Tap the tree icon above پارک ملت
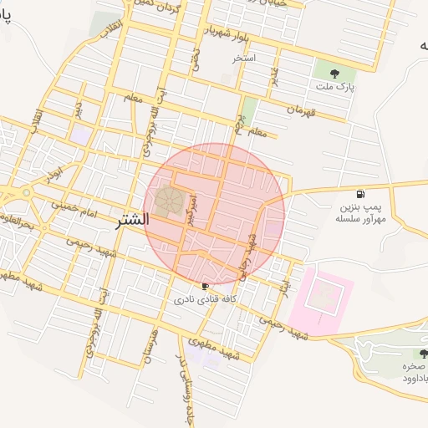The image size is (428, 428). point(335,73)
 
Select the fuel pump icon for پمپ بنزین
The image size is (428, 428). point(360,194)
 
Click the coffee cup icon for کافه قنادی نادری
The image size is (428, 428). point(206,286)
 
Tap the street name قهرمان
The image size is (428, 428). point(303,109)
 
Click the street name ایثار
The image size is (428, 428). point(284,269)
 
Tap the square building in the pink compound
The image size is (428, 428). point(322,294)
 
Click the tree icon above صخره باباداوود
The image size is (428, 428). point(413,353)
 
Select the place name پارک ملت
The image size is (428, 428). point(335,86)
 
